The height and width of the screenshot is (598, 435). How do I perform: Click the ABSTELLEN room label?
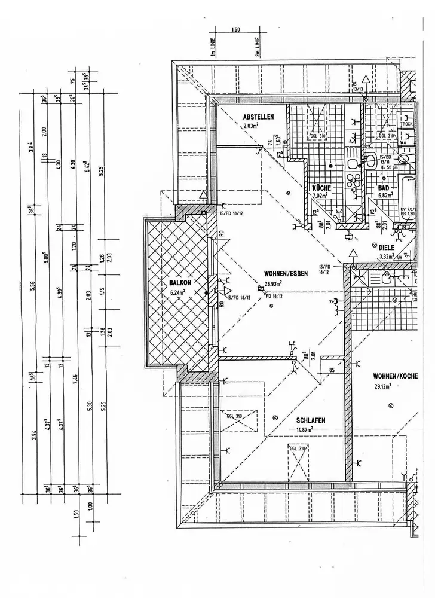pos(258,117)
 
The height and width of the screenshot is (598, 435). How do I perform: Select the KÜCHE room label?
pos(321,188)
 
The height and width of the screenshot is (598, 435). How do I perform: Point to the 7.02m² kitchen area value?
pos(321,196)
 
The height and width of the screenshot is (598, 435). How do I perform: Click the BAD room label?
pos(384,188)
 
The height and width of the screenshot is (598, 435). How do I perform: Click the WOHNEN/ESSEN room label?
pos(286,274)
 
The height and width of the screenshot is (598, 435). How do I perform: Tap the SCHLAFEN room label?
pos(311,421)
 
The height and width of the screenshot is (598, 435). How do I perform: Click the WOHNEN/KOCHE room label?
pos(394,376)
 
